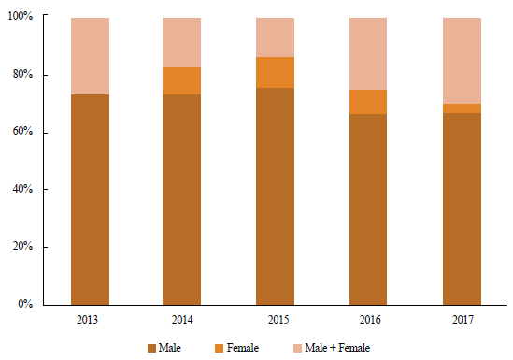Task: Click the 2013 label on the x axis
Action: [90, 320]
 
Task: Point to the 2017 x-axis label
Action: [462, 320]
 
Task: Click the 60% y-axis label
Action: [22, 133]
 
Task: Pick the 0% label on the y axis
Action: [25, 305]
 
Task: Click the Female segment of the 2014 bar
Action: [182, 80]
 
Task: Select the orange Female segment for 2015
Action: [276, 72]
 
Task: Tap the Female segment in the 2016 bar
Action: [368, 102]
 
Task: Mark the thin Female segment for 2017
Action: [462, 108]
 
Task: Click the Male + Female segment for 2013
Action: [90, 56]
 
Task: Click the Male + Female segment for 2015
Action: [276, 37]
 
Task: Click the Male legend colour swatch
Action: [152, 348]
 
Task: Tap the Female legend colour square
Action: [219, 348]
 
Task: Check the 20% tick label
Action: [22, 248]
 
